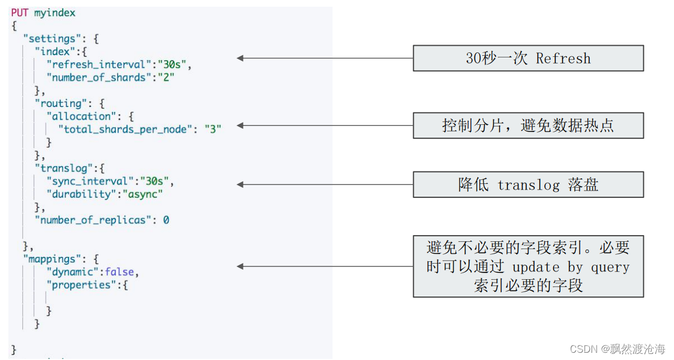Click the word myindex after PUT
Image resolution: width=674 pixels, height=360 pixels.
(55, 12)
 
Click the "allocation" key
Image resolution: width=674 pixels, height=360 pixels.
(81, 116)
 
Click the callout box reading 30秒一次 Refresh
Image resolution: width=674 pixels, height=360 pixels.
(528, 58)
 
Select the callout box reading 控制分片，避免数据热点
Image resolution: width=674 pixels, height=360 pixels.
(528, 125)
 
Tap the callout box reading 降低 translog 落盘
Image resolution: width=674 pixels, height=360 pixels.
(528, 184)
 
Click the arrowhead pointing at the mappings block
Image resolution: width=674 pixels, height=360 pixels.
(241, 266)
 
